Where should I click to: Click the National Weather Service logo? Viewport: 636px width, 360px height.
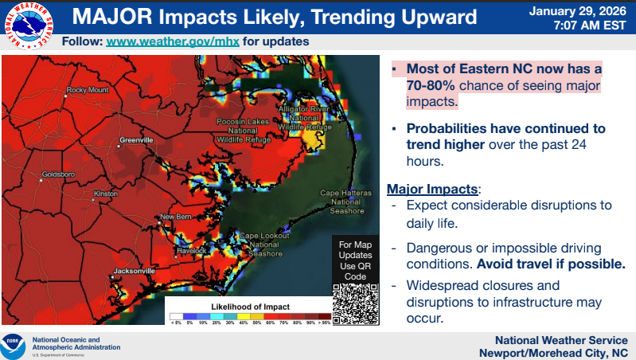[26, 25]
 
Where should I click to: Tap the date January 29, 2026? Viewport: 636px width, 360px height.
[579, 10]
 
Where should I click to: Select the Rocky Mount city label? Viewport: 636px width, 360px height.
[88, 90]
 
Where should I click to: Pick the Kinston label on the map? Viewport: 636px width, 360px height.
[106, 194]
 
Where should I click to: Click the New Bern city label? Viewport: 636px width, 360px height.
[176, 217]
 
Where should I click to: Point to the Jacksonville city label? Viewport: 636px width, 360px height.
[133, 271]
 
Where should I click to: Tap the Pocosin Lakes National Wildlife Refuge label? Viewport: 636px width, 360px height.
[237, 130]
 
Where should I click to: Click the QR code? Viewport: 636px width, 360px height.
[353, 304]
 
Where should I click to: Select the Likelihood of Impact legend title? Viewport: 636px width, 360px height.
[250, 307]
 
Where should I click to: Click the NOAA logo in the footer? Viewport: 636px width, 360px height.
[14, 343]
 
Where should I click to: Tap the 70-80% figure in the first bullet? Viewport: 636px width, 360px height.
[431, 85]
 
